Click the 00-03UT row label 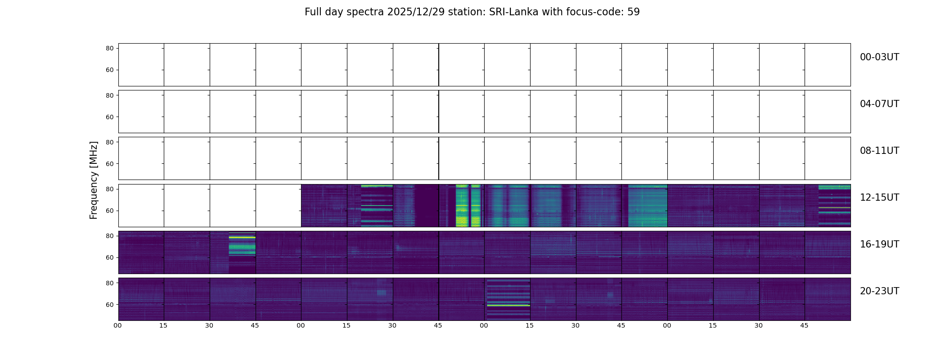coord(879,57)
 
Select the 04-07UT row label coord(879,104)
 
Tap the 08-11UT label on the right coord(879,151)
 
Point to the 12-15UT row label coord(879,198)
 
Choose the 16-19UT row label coord(879,244)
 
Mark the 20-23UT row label coord(879,291)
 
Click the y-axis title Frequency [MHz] coord(94,180)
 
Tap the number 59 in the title coord(633,12)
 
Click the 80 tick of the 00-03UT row coord(110,48)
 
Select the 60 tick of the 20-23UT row coord(110,305)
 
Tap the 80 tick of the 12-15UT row coord(110,189)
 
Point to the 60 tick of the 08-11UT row coord(110,164)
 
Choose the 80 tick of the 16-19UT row coord(110,236)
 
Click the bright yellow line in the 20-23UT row coord(508,306)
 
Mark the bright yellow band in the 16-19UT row coord(242,237)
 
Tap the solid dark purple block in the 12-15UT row coord(426,205)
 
